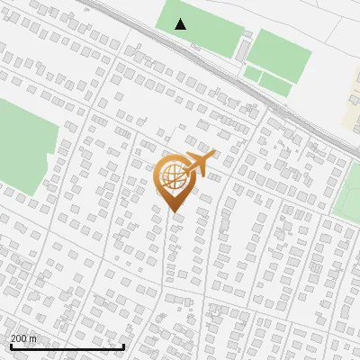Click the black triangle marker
coord(181,24)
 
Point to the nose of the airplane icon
coord(215,154)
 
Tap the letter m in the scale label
coord(34,338)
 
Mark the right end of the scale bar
coord(124,346)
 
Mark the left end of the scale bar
coord(11,346)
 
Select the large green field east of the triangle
coord(280,54)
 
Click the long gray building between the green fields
coord(243,49)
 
